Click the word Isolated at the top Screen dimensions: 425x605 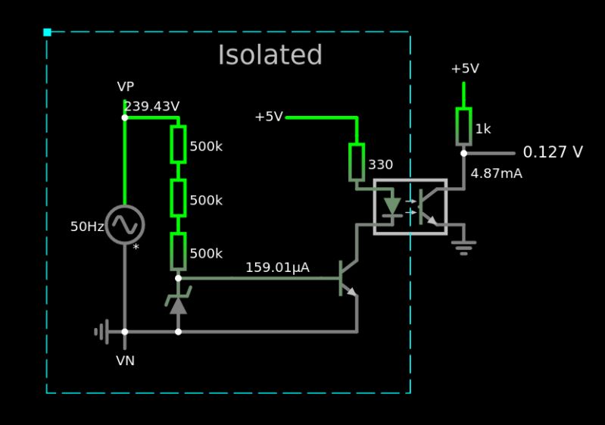tap(270, 56)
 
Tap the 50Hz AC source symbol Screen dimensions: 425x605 tap(125, 225)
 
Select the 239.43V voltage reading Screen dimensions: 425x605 tap(151, 107)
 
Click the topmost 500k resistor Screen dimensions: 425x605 tap(178, 144)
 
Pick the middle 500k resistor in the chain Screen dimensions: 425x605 tap(178, 198)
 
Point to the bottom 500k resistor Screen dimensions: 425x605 tap(178, 252)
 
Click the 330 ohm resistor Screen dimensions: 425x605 tap(357, 162)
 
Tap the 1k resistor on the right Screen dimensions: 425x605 tap(463, 126)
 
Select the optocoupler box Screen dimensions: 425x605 tap(410, 207)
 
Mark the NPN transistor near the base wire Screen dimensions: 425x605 tap(348, 279)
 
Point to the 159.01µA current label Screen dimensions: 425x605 tap(277, 267)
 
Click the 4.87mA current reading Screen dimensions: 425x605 tap(496, 173)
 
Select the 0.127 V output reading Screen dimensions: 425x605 tap(553, 152)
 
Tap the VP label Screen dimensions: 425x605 tap(126, 87)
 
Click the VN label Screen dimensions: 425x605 tap(126, 361)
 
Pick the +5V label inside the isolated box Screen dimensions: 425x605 tap(269, 117)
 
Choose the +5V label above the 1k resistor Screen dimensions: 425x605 tap(465, 69)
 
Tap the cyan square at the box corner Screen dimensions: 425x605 tap(47, 32)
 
